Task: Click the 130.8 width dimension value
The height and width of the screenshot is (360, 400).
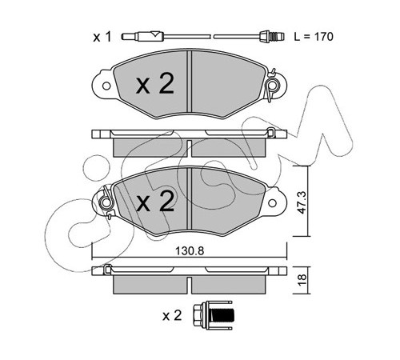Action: coord(190,251)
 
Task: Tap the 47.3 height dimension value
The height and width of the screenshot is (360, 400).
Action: coord(302,202)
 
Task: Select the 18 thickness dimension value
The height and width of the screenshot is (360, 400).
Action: coord(302,280)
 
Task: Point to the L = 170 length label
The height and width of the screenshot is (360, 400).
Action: coord(314,37)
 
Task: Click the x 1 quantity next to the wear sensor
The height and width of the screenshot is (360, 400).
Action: coord(102,37)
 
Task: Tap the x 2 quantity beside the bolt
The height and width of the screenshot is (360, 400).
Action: coord(172,316)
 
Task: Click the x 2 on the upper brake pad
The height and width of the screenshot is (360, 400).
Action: coord(155,84)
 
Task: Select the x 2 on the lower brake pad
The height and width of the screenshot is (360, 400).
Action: coord(155,202)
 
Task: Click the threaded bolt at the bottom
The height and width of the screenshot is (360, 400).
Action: coord(213,316)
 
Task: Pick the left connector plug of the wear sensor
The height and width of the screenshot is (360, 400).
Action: coord(142,36)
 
